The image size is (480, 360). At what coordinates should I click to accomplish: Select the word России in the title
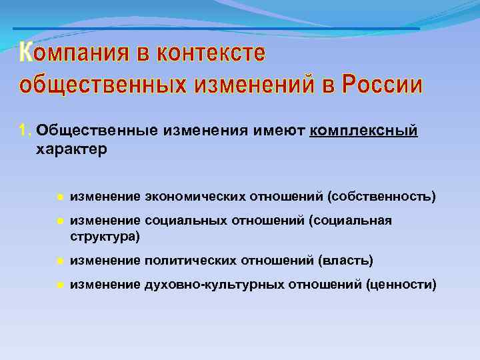coord(382,86)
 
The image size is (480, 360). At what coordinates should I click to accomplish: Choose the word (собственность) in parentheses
coord(381,197)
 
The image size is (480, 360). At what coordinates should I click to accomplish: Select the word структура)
coord(105,236)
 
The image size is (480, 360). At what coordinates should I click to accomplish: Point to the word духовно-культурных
coord(213,285)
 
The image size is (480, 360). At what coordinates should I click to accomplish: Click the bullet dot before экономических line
coord(59,197)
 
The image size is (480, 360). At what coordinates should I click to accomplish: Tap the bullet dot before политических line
coord(59,260)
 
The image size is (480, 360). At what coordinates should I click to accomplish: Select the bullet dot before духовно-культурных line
coord(59,285)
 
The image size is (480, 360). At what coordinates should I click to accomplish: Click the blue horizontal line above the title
coord(216,29)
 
